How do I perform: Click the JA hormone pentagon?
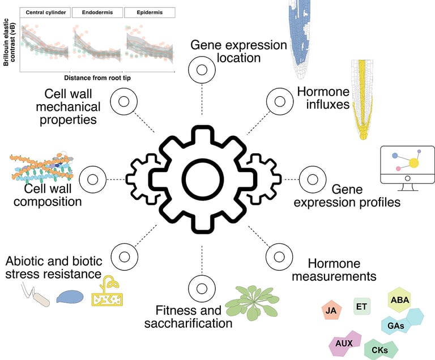coord(331,310)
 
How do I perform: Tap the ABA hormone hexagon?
coord(400,300)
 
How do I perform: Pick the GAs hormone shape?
coord(396,325)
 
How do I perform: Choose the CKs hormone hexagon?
coord(379,349)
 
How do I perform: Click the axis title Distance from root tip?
coord(97,78)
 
